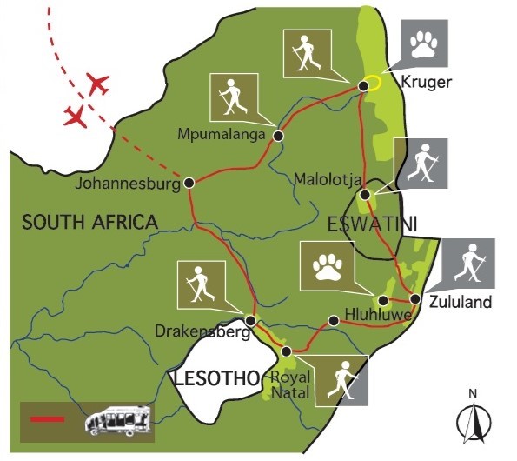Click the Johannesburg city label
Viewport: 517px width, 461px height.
[125, 185]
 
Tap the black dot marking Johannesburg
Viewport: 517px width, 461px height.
[189, 184]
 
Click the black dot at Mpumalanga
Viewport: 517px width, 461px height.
[278, 136]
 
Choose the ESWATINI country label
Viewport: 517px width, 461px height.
[371, 224]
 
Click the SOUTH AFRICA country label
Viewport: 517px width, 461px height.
[90, 223]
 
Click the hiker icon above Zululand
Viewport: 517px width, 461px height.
[469, 264]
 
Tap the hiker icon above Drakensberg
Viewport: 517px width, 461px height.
[202, 284]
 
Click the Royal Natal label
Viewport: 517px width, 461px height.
[290, 385]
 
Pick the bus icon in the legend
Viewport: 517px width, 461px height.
[117, 420]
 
